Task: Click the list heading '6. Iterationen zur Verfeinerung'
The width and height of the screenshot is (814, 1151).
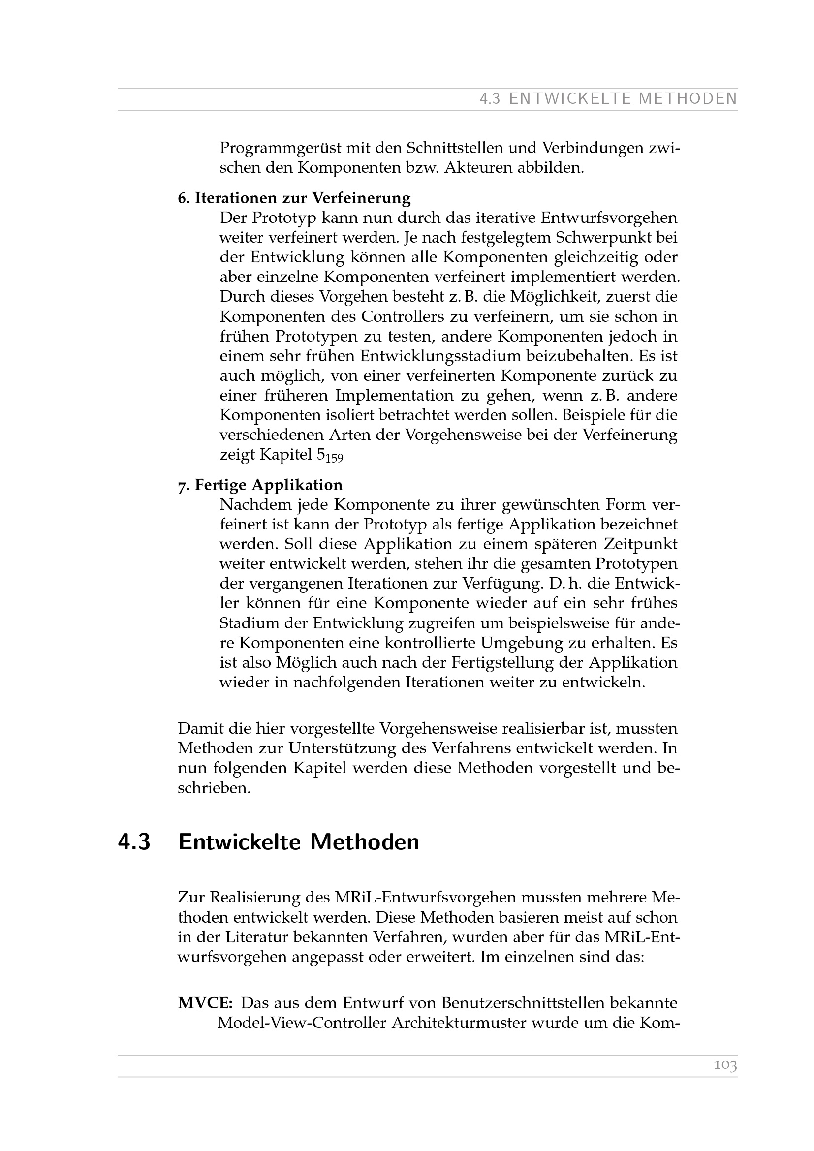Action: pos(294,198)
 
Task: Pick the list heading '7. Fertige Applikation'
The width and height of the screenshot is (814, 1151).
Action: pos(260,485)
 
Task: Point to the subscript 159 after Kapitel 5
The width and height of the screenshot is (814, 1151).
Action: pos(336,458)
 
